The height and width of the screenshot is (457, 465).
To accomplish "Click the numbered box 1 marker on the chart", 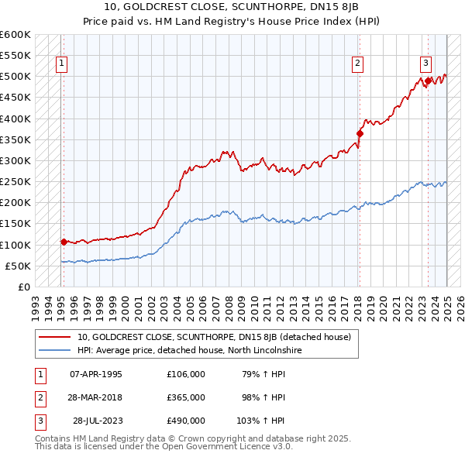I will [x=61, y=64].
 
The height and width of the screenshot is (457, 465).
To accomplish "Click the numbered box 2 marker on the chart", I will [x=357, y=64].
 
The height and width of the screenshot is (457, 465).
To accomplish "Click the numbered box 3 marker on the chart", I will [x=425, y=64].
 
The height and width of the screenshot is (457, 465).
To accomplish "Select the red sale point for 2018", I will [x=360, y=133].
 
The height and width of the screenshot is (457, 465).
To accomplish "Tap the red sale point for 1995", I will [x=64, y=242].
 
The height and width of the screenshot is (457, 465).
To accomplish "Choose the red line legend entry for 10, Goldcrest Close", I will [x=214, y=337].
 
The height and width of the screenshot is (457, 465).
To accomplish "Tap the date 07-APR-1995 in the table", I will [x=95, y=374].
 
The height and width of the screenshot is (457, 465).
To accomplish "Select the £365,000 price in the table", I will [x=185, y=397].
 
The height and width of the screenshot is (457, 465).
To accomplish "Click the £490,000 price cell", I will [x=185, y=421].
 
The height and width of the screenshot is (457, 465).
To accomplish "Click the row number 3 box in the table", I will [x=38, y=421].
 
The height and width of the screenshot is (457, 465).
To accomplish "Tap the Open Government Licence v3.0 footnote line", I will [x=164, y=447].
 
